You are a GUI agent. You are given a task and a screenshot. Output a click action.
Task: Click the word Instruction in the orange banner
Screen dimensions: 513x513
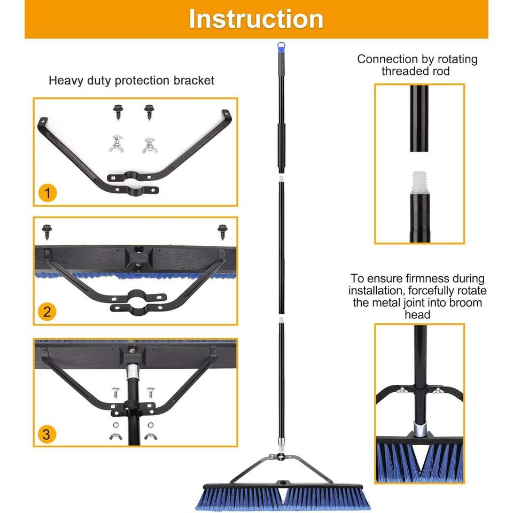(x=256, y=19)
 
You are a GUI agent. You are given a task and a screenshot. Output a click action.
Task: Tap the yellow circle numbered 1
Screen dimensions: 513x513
(x=48, y=192)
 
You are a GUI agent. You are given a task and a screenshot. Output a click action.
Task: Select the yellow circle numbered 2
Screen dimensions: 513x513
(x=47, y=311)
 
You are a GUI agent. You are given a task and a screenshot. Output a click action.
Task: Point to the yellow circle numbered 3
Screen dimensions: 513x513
(x=47, y=434)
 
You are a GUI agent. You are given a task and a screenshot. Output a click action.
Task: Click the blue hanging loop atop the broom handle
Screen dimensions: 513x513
(x=281, y=48)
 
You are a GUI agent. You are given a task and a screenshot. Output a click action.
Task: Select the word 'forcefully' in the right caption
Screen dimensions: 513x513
(x=423, y=291)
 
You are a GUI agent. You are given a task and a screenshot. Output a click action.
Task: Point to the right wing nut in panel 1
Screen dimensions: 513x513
(x=149, y=145)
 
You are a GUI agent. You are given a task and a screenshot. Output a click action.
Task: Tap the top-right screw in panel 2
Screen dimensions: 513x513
(x=222, y=231)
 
